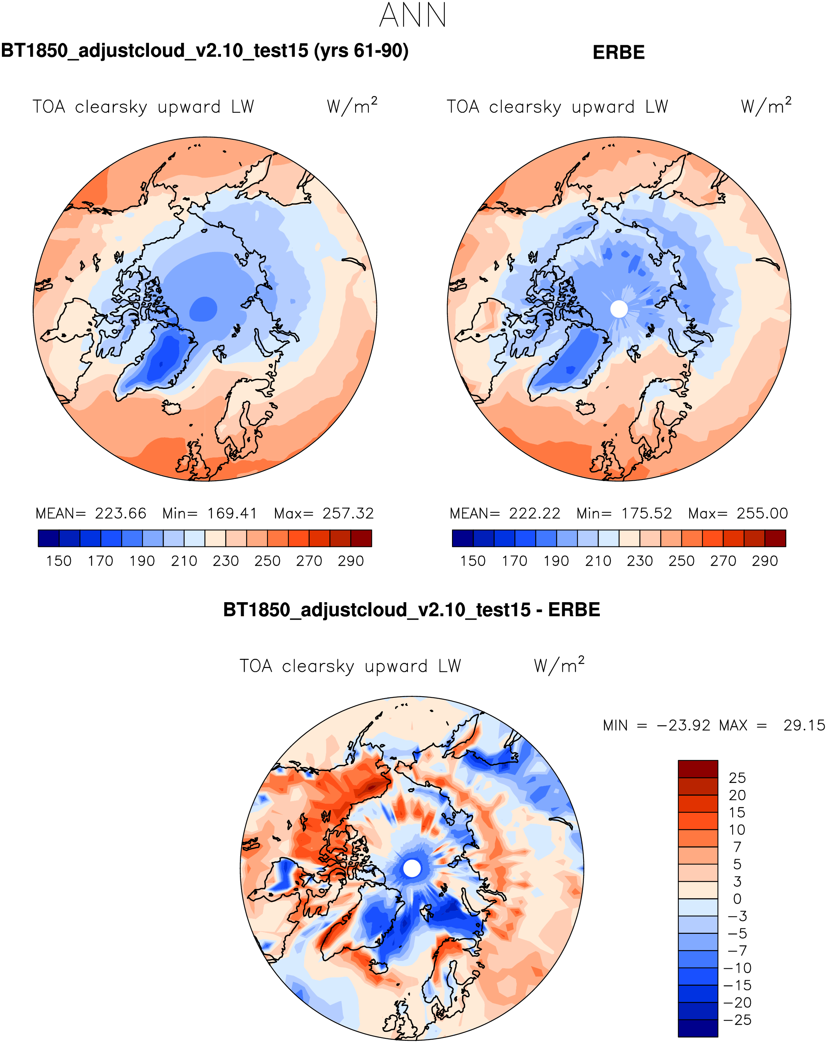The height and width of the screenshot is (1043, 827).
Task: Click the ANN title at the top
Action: [413, 15]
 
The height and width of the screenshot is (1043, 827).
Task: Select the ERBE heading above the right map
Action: [618, 52]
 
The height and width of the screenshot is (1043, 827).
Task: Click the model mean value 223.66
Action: [120, 513]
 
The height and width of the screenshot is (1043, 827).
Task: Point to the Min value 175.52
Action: [647, 513]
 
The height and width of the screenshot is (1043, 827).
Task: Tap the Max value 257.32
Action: [348, 513]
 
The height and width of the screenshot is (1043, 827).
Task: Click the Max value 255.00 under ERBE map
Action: [762, 513]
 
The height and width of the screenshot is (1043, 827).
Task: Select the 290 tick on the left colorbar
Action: [351, 561]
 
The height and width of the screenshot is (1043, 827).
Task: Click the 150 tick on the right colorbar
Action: [473, 561]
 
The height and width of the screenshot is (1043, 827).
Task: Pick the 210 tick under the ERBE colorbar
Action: [598, 561]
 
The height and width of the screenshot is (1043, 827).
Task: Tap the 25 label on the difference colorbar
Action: [737, 778]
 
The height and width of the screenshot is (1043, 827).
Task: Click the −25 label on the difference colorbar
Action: [737, 1020]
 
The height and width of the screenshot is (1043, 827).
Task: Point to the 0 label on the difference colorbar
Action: [737, 899]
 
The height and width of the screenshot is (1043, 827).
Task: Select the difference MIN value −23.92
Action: [683, 726]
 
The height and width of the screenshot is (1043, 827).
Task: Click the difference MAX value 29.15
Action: [804, 726]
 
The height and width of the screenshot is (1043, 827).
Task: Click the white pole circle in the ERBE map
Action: [618, 309]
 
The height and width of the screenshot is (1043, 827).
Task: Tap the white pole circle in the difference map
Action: [412, 868]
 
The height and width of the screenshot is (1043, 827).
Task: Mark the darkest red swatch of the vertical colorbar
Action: [697, 769]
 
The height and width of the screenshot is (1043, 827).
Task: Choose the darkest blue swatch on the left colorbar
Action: [48, 538]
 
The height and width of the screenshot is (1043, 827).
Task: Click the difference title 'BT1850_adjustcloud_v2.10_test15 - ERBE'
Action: [412, 610]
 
